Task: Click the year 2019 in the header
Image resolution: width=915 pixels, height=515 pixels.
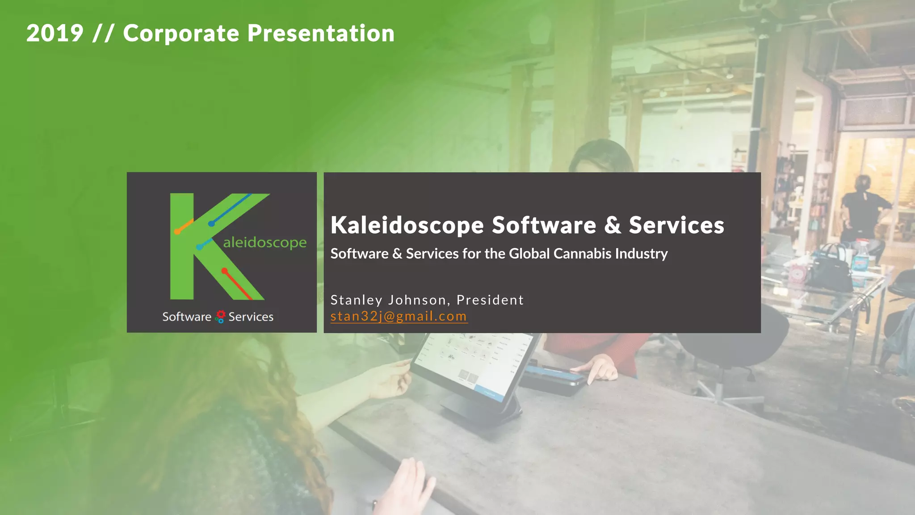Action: (x=55, y=34)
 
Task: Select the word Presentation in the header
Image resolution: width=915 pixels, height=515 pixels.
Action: (x=321, y=34)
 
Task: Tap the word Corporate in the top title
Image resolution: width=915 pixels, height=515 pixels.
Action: (x=181, y=34)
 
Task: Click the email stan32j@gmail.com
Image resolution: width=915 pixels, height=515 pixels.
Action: (x=399, y=316)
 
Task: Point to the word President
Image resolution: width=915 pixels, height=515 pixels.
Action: (x=490, y=300)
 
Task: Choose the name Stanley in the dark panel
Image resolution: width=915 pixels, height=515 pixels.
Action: (x=356, y=300)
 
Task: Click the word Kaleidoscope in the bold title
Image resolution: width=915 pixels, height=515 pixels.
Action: (x=407, y=225)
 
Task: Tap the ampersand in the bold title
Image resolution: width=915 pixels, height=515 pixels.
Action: (x=613, y=225)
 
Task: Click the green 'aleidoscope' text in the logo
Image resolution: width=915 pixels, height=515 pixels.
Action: (x=264, y=242)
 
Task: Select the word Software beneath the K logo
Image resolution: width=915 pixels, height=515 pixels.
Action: (x=186, y=317)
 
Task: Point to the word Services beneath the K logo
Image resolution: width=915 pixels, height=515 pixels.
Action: (x=251, y=317)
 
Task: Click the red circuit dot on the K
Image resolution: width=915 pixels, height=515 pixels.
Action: (x=225, y=271)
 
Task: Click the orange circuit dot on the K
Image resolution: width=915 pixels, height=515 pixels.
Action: (x=177, y=232)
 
